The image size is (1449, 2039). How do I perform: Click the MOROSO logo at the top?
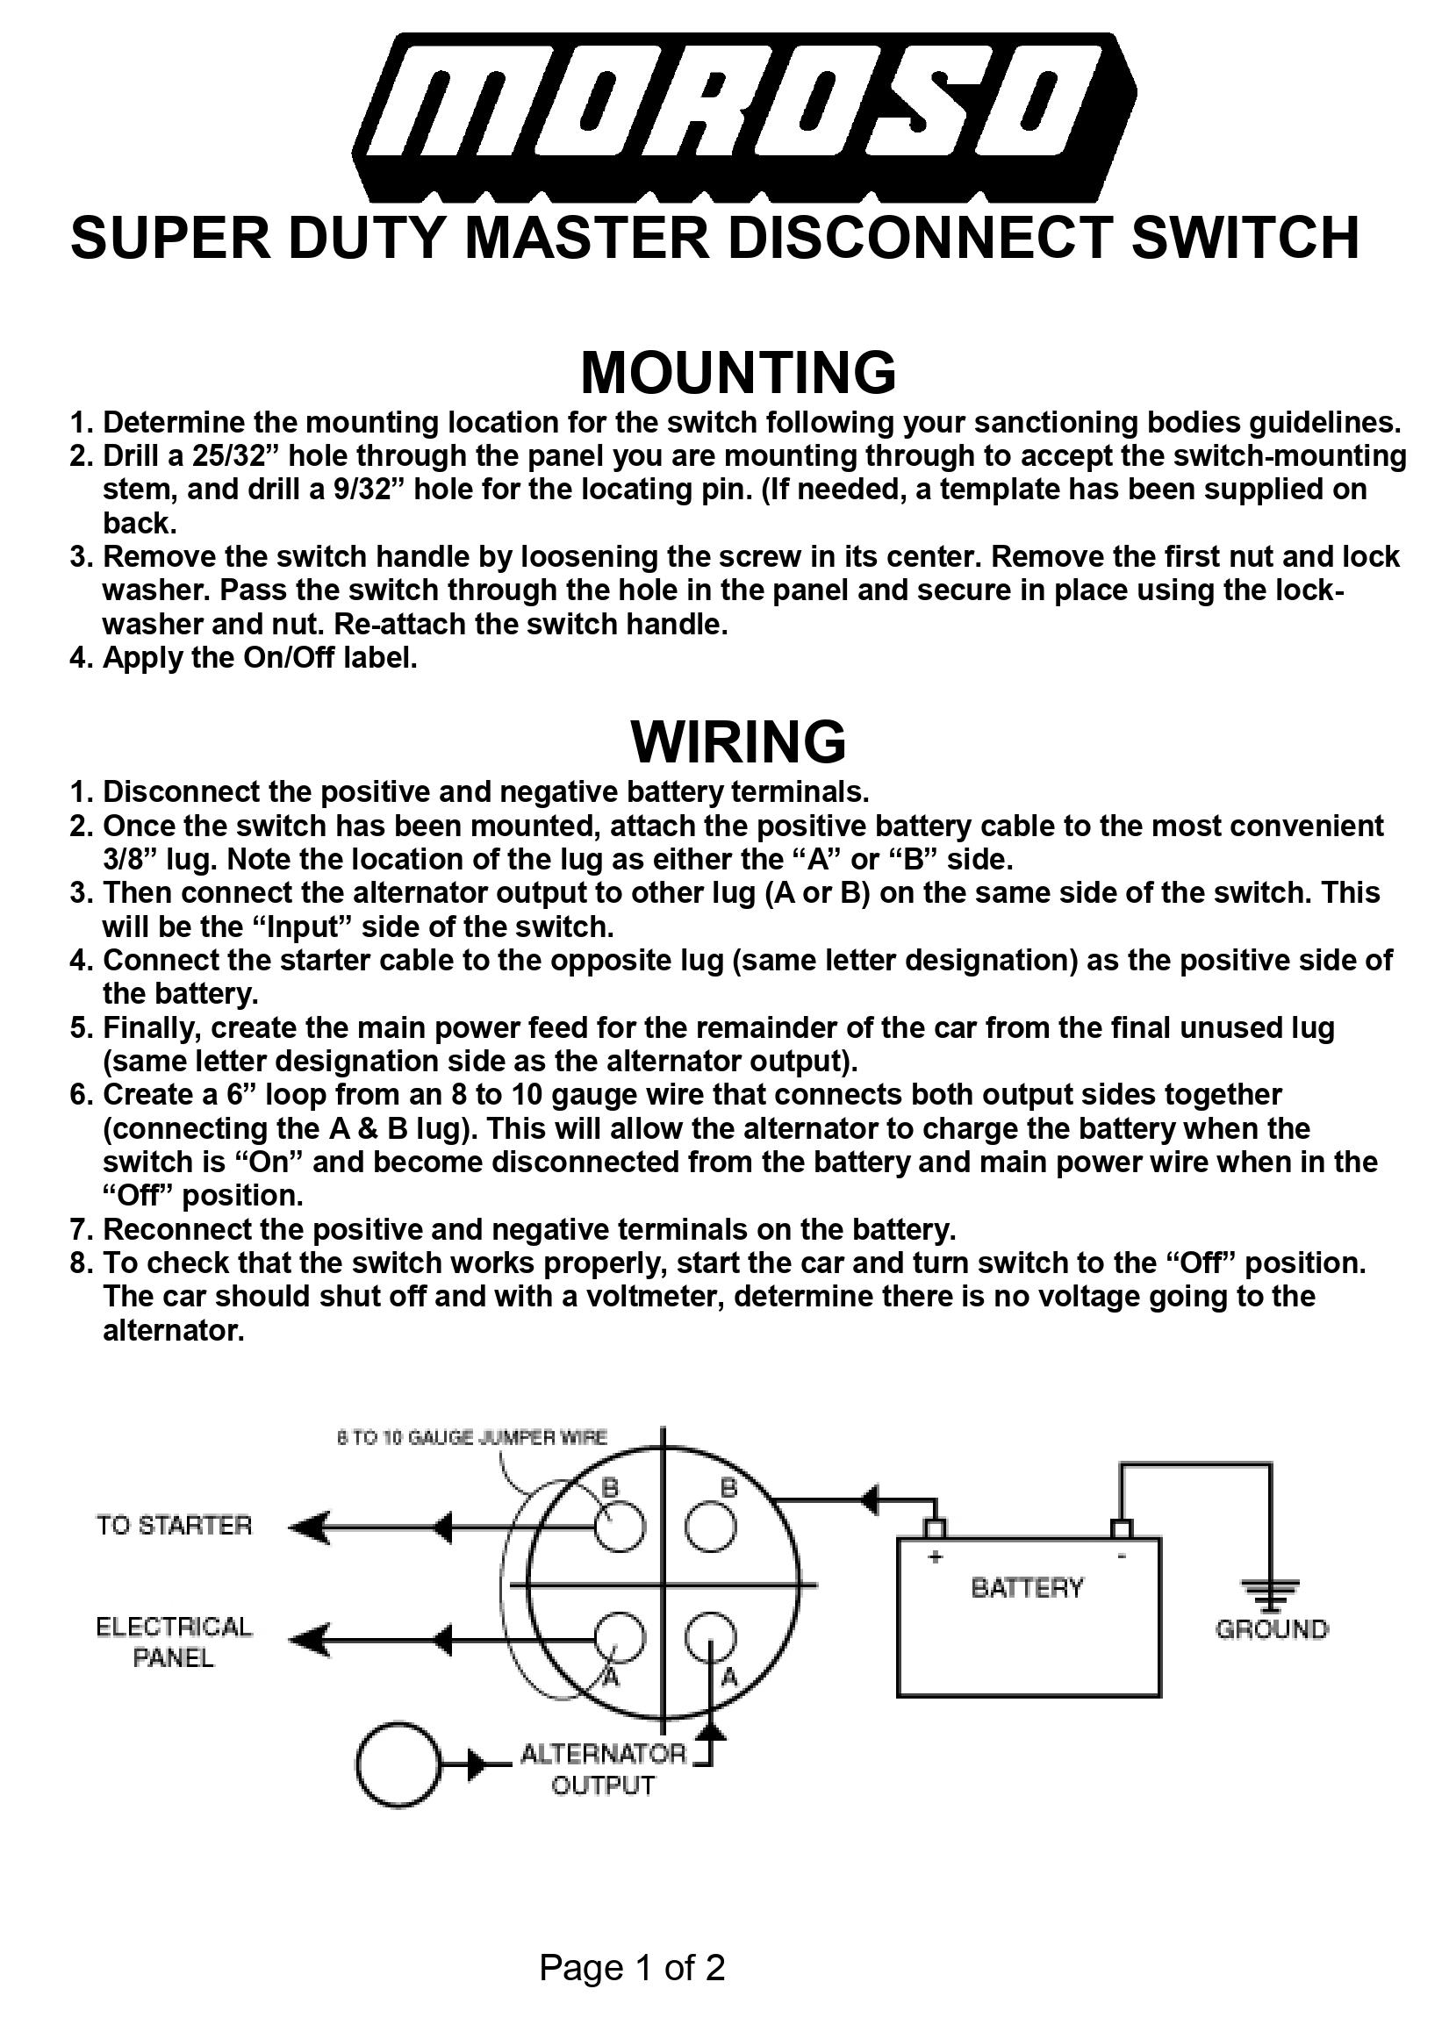(744, 116)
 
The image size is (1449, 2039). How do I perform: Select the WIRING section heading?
(738, 741)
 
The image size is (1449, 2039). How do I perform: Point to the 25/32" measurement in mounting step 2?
(234, 455)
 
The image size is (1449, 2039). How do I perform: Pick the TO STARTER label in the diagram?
(175, 1525)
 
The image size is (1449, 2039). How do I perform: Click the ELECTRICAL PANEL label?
(174, 1642)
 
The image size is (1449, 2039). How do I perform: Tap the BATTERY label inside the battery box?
(1027, 1588)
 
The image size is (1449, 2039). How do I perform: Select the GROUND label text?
(1272, 1629)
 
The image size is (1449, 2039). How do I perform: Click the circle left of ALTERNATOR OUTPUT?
(398, 1764)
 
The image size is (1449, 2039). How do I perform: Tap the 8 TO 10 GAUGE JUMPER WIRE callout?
(472, 1438)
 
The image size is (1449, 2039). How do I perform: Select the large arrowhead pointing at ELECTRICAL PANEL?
(309, 1640)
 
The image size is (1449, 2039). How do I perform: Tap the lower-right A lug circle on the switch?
(711, 1638)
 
